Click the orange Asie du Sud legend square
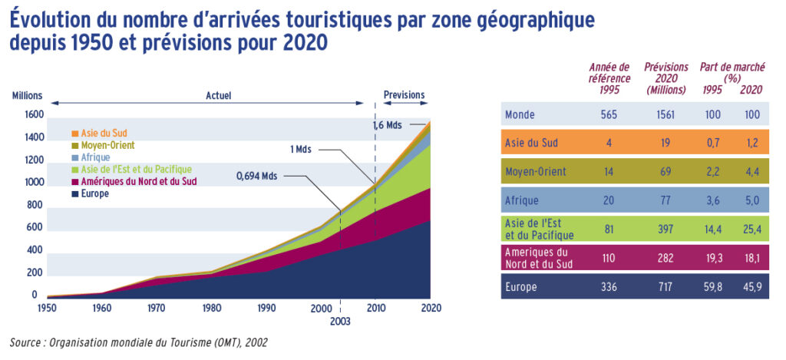click(75, 133)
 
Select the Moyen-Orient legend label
click(107, 145)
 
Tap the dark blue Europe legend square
click(75, 194)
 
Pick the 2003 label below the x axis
click(340, 322)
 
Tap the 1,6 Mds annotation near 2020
click(388, 124)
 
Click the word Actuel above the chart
click(218, 96)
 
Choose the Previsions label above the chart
click(404, 95)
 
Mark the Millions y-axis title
click(27, 96)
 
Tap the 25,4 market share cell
click(751, 228)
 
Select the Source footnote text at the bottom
click(139, 342)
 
